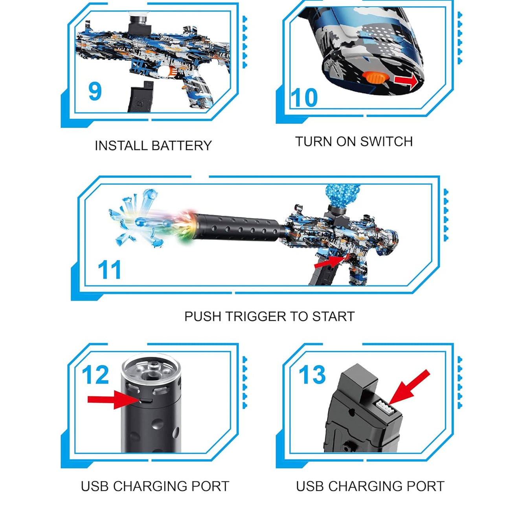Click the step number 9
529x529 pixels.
click(x=95, y=91)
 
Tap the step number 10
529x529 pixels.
click(x=304, y=98)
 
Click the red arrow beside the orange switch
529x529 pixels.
click(x=406, y=81)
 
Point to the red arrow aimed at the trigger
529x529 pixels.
click(x=329, y=261)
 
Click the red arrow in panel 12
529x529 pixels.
click(x=113, y=400)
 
